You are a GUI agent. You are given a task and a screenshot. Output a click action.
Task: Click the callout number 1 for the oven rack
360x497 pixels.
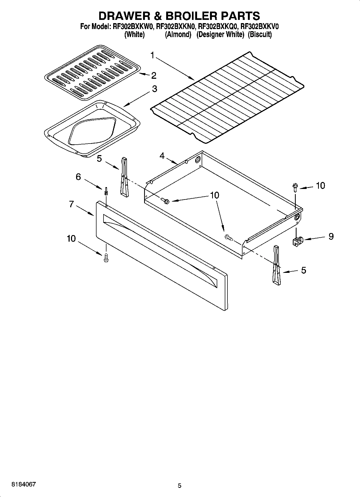[152, 56]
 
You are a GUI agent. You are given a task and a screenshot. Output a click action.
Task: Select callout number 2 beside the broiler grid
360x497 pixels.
[154, 75]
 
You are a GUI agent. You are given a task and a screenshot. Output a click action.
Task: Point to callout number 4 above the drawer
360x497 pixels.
[162, 156]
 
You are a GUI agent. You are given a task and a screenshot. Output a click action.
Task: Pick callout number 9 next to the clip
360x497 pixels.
[331, 236]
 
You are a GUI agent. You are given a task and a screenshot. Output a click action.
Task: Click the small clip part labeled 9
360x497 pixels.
[297, 241]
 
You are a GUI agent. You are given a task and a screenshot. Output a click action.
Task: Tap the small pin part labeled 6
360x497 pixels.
[106, 191]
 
